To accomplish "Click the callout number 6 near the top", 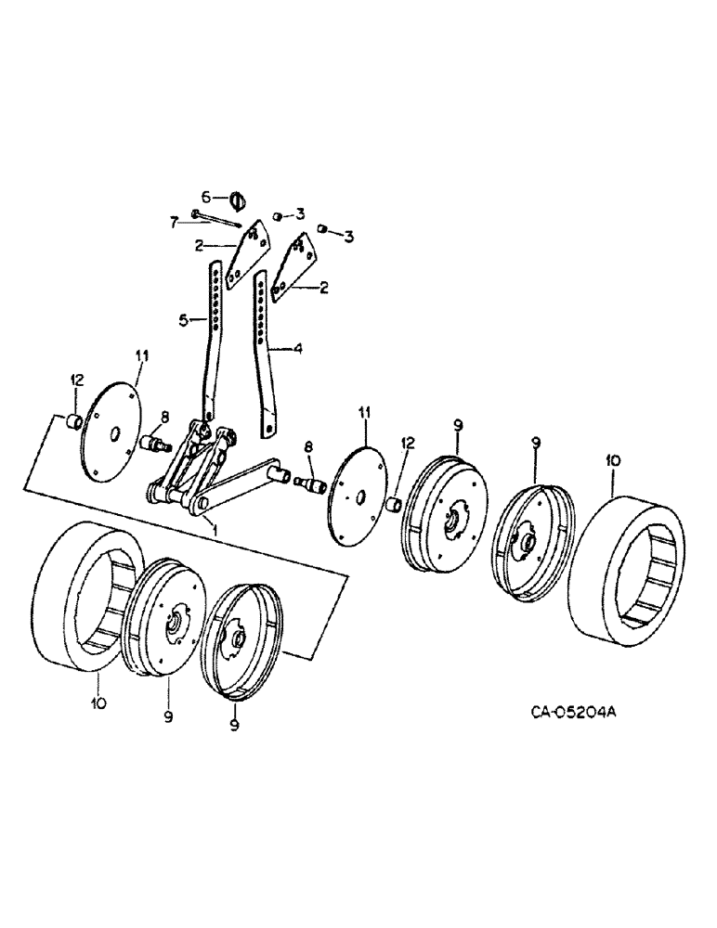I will coord(207,197).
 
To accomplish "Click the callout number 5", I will coord(184,319).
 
